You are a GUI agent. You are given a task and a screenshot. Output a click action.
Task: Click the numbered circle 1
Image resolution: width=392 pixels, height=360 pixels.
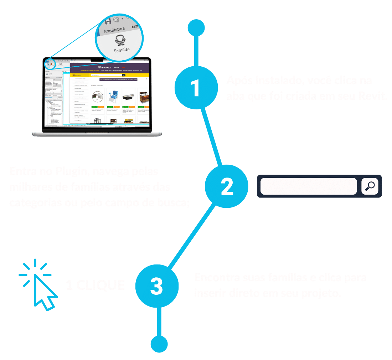click(x=196, y=88)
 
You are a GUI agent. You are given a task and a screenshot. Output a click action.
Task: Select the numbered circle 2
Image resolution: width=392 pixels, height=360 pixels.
click(x=227, y=186)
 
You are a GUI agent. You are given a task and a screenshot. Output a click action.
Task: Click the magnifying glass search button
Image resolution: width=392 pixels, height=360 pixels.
click(x=370, y=186)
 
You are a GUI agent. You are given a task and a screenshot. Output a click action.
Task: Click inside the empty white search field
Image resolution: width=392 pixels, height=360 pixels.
click(x=308, y=186)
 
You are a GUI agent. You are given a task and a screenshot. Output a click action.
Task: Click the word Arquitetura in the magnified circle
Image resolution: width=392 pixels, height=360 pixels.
click(x=114, y=30)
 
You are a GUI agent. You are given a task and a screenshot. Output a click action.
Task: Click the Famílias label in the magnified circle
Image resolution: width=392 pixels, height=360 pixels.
click(x=122, y=50)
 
